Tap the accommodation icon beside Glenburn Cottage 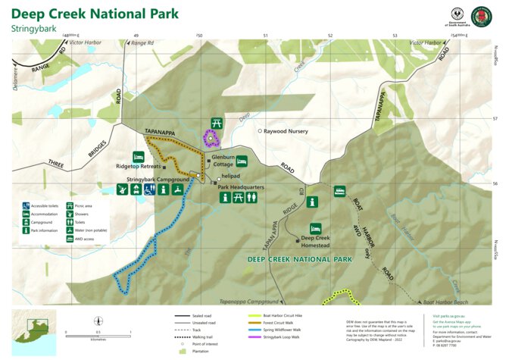[242, 161]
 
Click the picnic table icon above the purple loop [216, 123]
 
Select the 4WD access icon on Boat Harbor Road [339, 192]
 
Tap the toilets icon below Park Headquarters [251, 198]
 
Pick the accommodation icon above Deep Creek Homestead [315, 228]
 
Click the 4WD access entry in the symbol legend [80, 238]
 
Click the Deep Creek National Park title [95, 14]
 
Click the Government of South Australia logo [457, 16]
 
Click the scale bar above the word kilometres [98, 333]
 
